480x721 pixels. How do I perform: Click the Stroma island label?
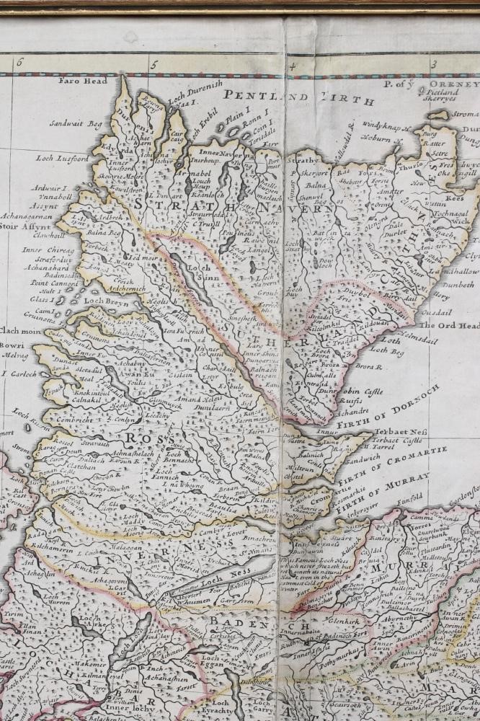(x=466, y=113)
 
